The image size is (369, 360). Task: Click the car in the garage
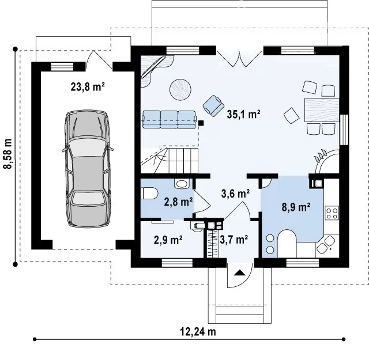(87, 168)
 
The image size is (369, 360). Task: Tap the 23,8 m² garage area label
(88, 87)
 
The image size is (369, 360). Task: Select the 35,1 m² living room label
(243, 114)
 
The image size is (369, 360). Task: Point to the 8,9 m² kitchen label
(296, 207)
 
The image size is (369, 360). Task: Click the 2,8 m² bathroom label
(178, 202)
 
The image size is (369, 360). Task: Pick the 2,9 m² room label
(168, 240)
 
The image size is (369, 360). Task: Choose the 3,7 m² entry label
(234, 240)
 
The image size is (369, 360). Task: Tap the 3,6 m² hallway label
(235, 194)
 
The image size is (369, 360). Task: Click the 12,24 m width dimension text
(198, 332)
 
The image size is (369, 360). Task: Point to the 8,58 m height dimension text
(7, 154)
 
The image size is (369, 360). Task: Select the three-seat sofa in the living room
(170, 119)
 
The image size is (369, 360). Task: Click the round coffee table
(180, 90)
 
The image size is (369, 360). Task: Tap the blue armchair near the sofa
(213, 105)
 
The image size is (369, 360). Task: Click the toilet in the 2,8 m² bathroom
(149, 194)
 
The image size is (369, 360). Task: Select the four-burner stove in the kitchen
(332, 213)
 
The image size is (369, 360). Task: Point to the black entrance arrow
(240, 273)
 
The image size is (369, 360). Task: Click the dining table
(322, 110)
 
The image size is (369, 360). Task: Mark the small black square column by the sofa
(201, 123)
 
